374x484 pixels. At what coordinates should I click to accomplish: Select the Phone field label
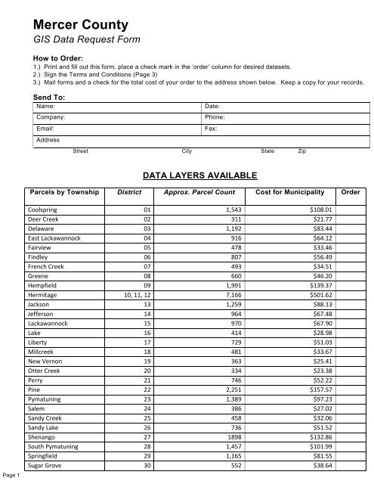coord(215,119)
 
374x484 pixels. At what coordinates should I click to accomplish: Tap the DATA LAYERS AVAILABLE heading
coord(195,175)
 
